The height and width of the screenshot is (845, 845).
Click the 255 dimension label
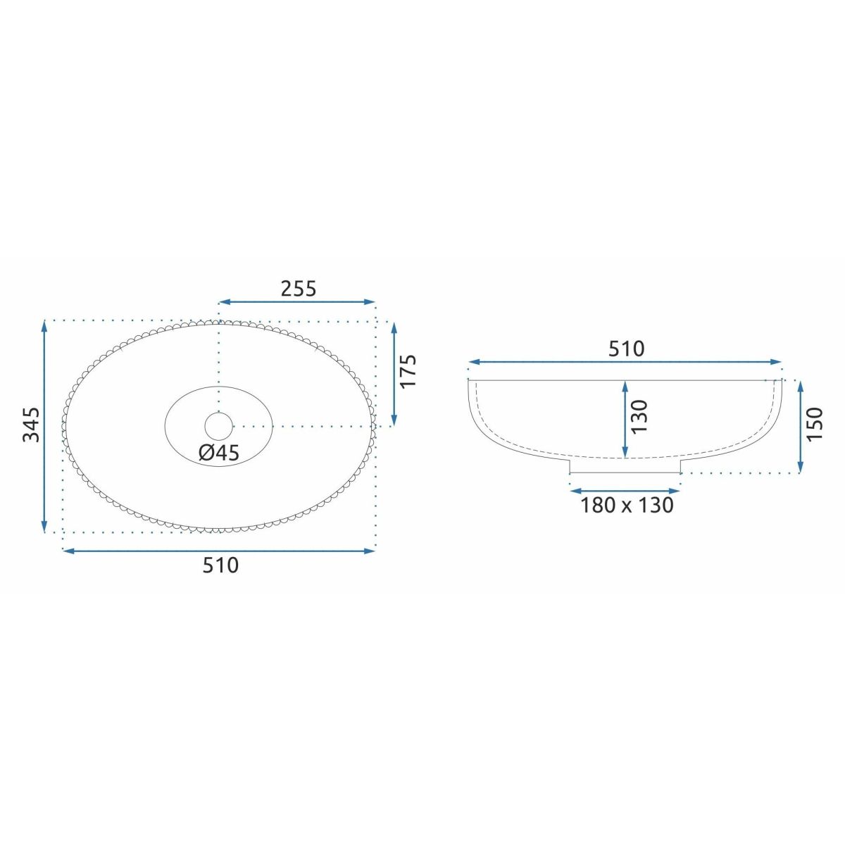click(x=298, y=289)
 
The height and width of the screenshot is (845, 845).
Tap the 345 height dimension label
click(x=31, y=425)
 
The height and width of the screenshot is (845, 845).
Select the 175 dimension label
click(x=408, y=370)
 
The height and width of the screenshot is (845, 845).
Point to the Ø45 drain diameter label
click(x=219, y=453)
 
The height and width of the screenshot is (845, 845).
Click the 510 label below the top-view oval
click(x=220, y=565)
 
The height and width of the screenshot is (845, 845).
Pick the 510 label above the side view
click(x=627, y=349)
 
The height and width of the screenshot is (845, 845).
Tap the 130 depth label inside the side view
click(x=639, y=417)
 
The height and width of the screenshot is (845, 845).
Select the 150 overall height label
click(x=815, y=425)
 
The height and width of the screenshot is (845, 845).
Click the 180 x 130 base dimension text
click(x=627, y=505)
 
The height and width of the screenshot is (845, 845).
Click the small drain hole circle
click(x=219, y=425)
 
